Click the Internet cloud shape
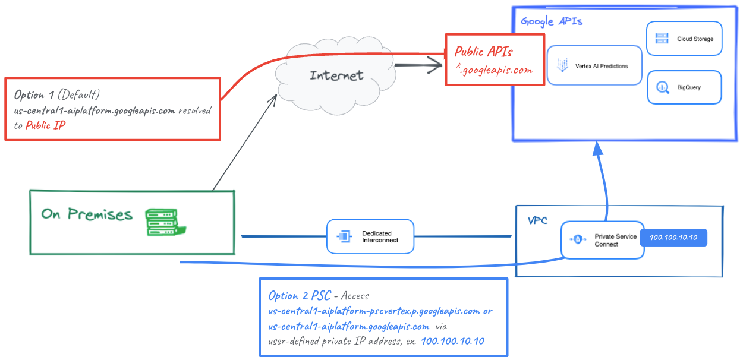(335, 75)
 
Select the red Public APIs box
(494, 59)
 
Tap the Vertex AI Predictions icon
(562, 66)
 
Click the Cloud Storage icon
(662, 39)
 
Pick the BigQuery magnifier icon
(662, 87)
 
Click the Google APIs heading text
(551, 21)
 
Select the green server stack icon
(162, 221)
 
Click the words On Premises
(87, 214)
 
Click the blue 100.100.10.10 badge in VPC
(673, 238)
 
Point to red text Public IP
(45, 125)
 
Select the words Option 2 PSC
(299, 296)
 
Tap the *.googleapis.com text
(494, 70)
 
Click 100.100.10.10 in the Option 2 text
(453, 341)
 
